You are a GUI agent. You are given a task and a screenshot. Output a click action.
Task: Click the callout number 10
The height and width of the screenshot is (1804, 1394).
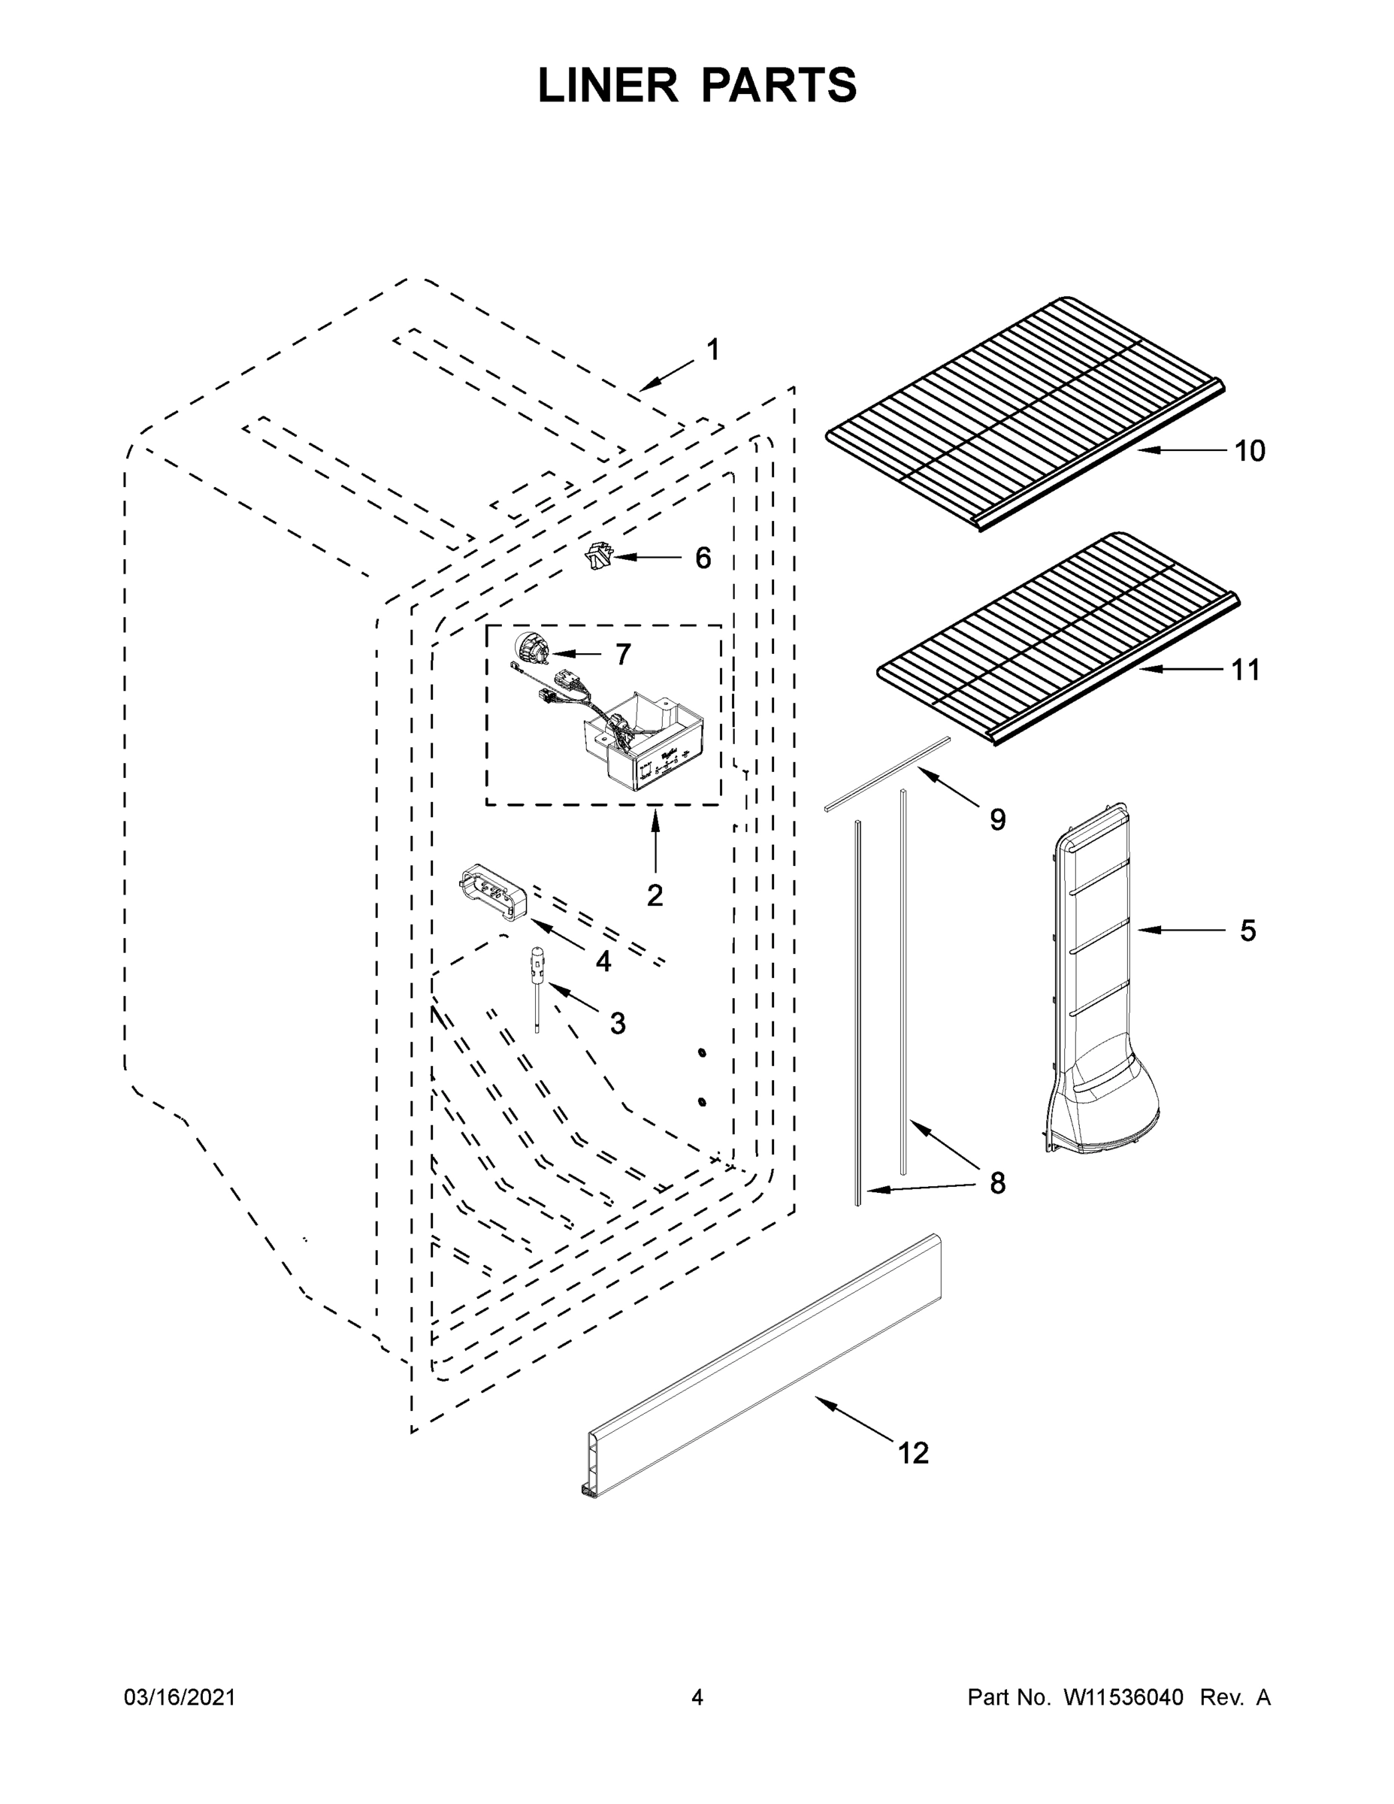tap(1250, 451)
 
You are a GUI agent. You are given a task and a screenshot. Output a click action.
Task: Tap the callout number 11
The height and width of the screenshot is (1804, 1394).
tap(1246, 670)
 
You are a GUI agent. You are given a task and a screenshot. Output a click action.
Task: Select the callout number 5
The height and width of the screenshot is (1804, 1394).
tap(1247, 931)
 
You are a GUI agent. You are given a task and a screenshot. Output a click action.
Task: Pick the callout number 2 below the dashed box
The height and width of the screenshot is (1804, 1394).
tap(655, 895)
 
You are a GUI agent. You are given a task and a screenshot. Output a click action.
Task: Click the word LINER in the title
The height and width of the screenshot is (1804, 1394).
tap(608, 86)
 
